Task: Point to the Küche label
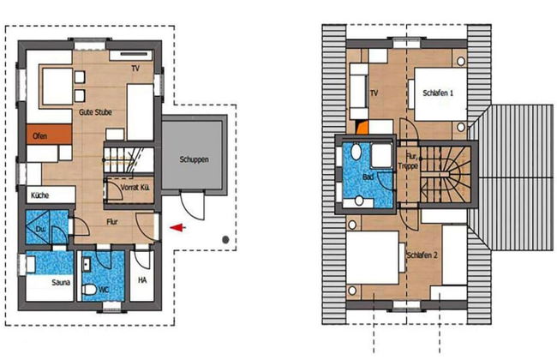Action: coord(40,196)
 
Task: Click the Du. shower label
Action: coord(40,231)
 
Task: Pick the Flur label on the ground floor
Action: coord(111,221)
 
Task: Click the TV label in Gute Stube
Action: coord(135,68)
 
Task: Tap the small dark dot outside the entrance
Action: coord(224,239)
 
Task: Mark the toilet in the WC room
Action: coord(89,289)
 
